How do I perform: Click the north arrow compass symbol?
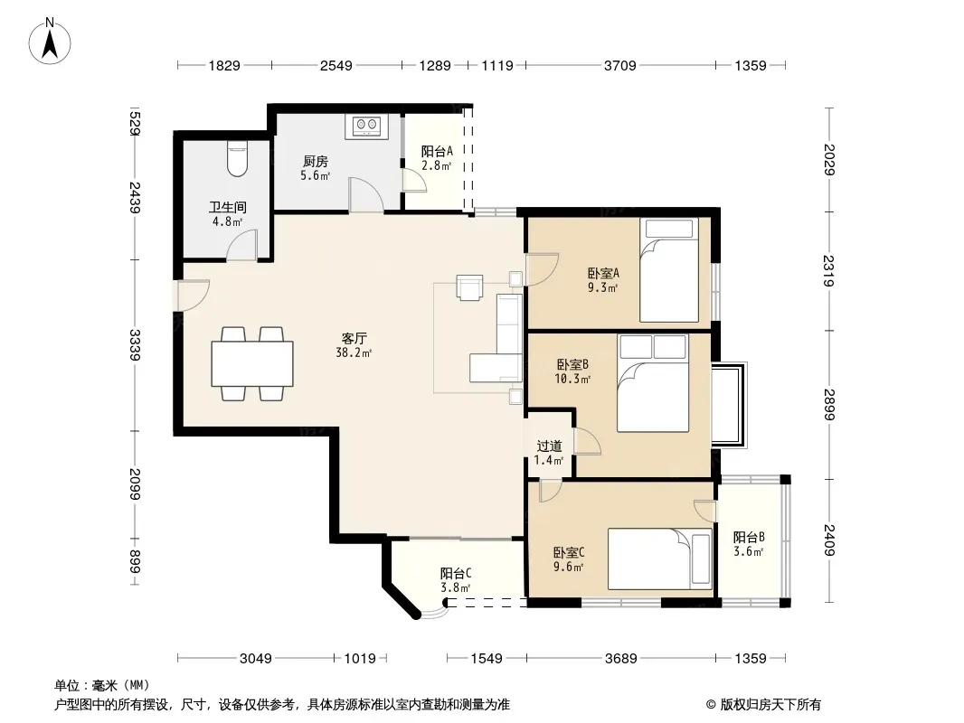(50, 42)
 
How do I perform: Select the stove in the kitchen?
(367, 126)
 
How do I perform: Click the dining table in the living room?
(252, 363)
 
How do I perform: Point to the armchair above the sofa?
(469, 287)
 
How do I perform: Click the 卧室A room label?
(603, 273)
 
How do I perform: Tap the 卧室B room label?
(572, 365)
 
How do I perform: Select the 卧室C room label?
(569, 553)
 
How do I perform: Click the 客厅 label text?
(354, 339)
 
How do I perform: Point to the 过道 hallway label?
(549, 446)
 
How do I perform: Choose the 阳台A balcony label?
(437, 151)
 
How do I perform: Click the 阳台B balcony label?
(749, 538)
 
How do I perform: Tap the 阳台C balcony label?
(456, 574)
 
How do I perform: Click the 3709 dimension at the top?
(619, 65)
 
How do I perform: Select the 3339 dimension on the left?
(135, 345)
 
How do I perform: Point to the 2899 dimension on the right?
(829, 405)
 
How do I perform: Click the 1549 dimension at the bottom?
(487, 659)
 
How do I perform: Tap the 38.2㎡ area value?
(354, 353)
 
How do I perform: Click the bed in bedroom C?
(659, 559)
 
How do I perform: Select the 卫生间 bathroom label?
(228, 207)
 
